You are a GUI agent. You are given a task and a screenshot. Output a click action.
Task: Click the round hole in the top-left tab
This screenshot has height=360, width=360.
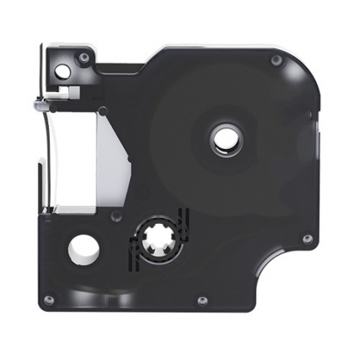click(x=62, y=71)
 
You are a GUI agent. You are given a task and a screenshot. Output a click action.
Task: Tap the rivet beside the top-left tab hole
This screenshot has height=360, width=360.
click(x=84, y=58)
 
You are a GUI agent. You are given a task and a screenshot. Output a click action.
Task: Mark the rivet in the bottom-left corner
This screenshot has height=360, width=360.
click(x=49, y=300)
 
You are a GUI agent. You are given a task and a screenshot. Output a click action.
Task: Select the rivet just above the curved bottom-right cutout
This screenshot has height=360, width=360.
click(x=306, y=239)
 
